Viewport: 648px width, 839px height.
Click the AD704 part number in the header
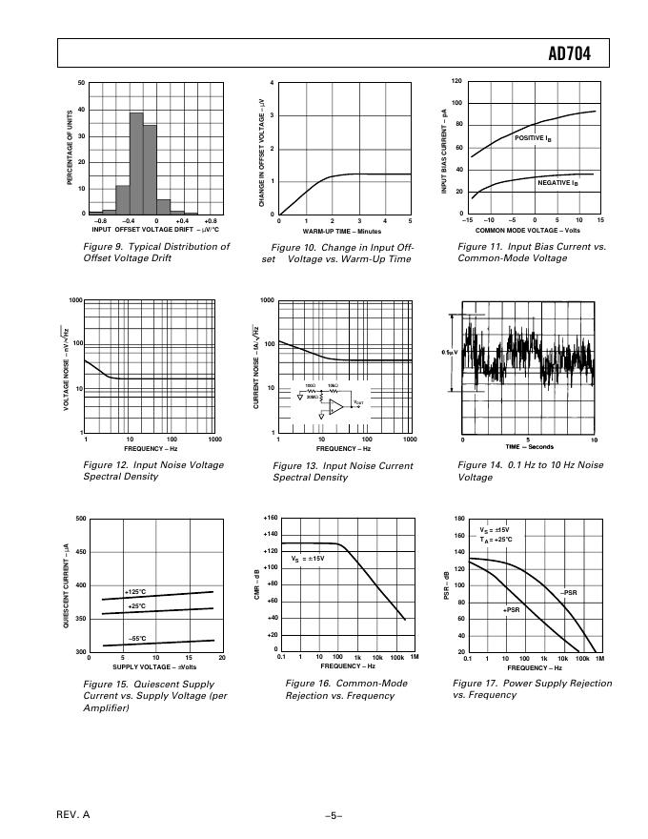point(570,54)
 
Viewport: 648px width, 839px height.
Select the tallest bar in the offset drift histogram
point(136,163)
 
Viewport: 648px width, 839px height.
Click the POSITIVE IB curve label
point(533,138)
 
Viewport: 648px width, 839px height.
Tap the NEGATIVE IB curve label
point(557,182)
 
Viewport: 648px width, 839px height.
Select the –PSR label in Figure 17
point(570,592)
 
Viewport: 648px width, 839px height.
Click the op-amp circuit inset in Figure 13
point(330,401)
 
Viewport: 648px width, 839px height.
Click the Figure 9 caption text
point(156,252)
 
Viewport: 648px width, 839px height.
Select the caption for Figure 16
point(339,689)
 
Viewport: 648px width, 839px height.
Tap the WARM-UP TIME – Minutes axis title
point(342,232)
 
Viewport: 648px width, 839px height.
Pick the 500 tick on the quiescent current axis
point(80,519)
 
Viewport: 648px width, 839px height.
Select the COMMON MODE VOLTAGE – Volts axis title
point(527,230)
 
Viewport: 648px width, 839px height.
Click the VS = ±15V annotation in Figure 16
point(308,558)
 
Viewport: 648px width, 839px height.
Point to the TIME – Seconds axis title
point(527,447)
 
